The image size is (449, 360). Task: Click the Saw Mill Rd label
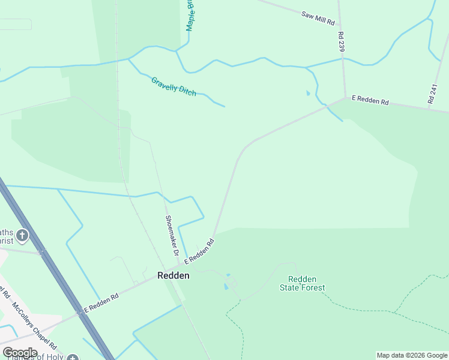[x=318, y=17]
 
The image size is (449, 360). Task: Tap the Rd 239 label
[x=342, y=41]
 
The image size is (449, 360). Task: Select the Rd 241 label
[x=433, y=95]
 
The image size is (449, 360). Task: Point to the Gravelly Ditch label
[x=173, y=86]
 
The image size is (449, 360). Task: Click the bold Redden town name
[x=173, y=276]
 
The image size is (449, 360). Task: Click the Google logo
[x=20, y=352]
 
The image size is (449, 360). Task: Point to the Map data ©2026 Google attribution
[x=412, y=355]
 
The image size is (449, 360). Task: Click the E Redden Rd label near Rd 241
[x=370, y=100]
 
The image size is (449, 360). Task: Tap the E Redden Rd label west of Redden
[x=101, y=301]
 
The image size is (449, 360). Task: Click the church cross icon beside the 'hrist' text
[x=23, y=235]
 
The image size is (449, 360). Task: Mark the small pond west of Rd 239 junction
[x=308, y=93]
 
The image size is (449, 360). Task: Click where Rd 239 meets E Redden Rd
[x=345, y=97]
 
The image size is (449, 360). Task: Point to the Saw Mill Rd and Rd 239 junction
[x=339, y=27]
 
